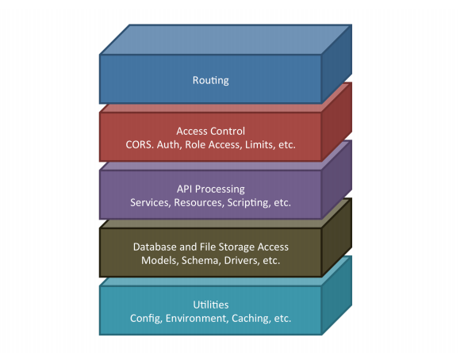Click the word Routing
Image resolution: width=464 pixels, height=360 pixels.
(211, 80)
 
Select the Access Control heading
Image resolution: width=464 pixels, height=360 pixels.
(211, 131)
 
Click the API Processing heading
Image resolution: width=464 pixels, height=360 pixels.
(211, 189)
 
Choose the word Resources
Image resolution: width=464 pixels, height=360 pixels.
(199, 203)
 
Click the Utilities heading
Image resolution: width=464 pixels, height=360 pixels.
(211, 304)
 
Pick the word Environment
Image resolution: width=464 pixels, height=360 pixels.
(197, 318)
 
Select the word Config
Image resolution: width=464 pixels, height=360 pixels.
(146, 318)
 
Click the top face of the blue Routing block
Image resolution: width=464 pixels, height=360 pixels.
(225, 40)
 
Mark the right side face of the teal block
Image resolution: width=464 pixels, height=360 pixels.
(337, 296)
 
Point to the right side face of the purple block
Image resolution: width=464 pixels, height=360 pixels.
(337, 180)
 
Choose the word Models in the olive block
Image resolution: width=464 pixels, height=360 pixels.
(159, 260)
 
